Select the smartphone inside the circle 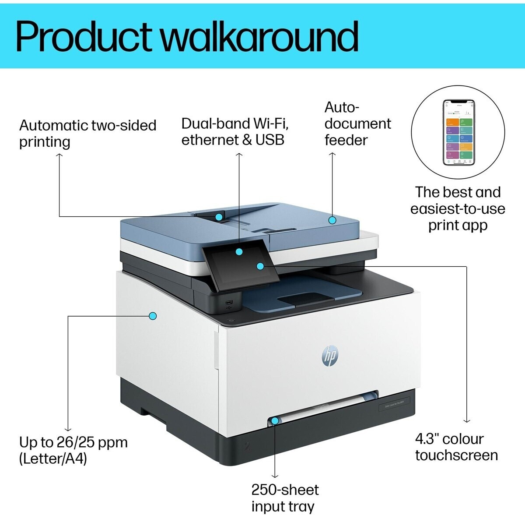[x=458, y=132]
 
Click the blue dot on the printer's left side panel [x=153, y=316]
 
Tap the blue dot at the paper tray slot [x=275, y=421]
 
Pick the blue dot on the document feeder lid [x=332, y=220]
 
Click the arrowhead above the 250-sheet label [x=275, y=475]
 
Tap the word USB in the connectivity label [x=269, y=140]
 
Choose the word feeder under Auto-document [x=346, y=140]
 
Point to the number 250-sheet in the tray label [x=285, y=490]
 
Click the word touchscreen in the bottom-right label [x=456, y=455]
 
